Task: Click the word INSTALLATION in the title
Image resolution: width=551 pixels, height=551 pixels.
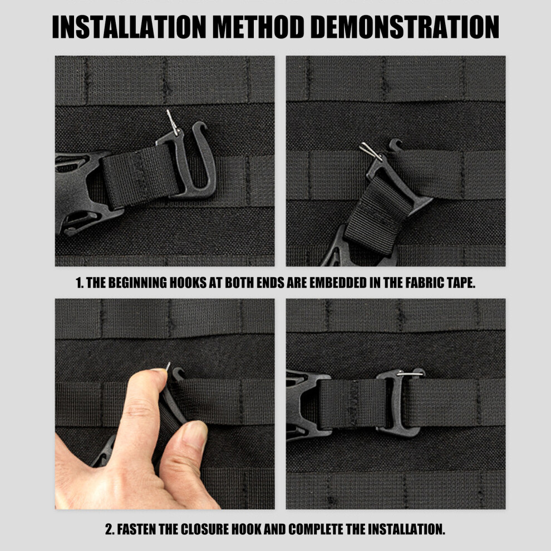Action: pos(129,27)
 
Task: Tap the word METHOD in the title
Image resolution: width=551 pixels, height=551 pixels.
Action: pos(258,27)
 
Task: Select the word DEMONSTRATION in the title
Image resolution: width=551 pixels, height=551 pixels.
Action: pos(405,27)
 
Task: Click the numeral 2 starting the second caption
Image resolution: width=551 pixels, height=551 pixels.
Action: pos(109,529)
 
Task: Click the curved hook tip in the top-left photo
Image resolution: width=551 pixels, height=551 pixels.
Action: pos(200,125)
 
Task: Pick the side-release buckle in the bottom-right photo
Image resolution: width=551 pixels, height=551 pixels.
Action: pos(307,404)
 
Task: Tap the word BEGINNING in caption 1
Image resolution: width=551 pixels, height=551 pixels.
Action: pos(139,283)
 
